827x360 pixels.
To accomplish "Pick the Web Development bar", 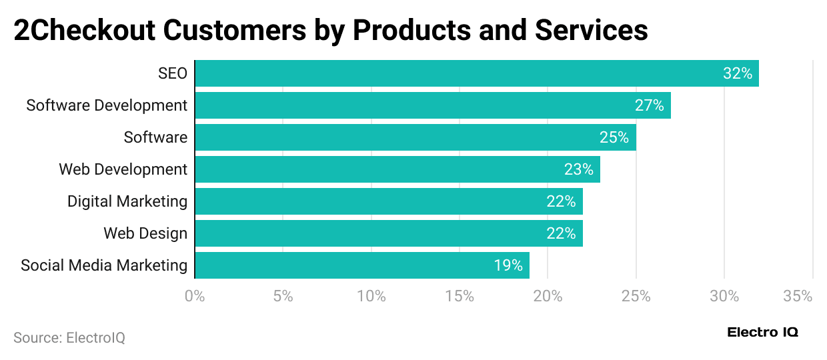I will pyautogui.click(x=397, y=169).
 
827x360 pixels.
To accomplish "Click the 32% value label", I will pyautogui.click(x=738, y=73).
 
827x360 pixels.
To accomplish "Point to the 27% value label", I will pyautogui.click(x=649, y=105).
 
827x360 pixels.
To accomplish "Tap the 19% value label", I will pyautogui.click(x=508, y=265).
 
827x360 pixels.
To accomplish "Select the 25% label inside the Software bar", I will pyautogui.click(x=614, y=137).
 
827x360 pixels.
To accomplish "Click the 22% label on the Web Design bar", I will pyautogui.click(x=561, y=233).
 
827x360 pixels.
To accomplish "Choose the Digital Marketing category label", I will pyautogui.click(x=127, y=201).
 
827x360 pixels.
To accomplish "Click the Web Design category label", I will pyautogui.click(x=145, y=233).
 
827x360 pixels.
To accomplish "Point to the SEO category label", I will pyautogui.click(x=173, y=73).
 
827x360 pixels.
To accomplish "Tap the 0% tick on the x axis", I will pyautogui.click(x=195, y=296).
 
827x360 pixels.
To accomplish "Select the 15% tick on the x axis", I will pyautogui.click(x=460, y=296).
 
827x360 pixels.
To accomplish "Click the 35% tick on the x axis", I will pyautogui.click(x=798, y=296).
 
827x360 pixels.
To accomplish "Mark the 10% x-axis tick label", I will pyautogui.click(x=371, y=296).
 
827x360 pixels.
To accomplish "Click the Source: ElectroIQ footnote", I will pyautogui.click(x=69, y=338).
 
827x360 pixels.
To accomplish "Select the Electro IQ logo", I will pyautogui.click(x=762, y=332).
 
